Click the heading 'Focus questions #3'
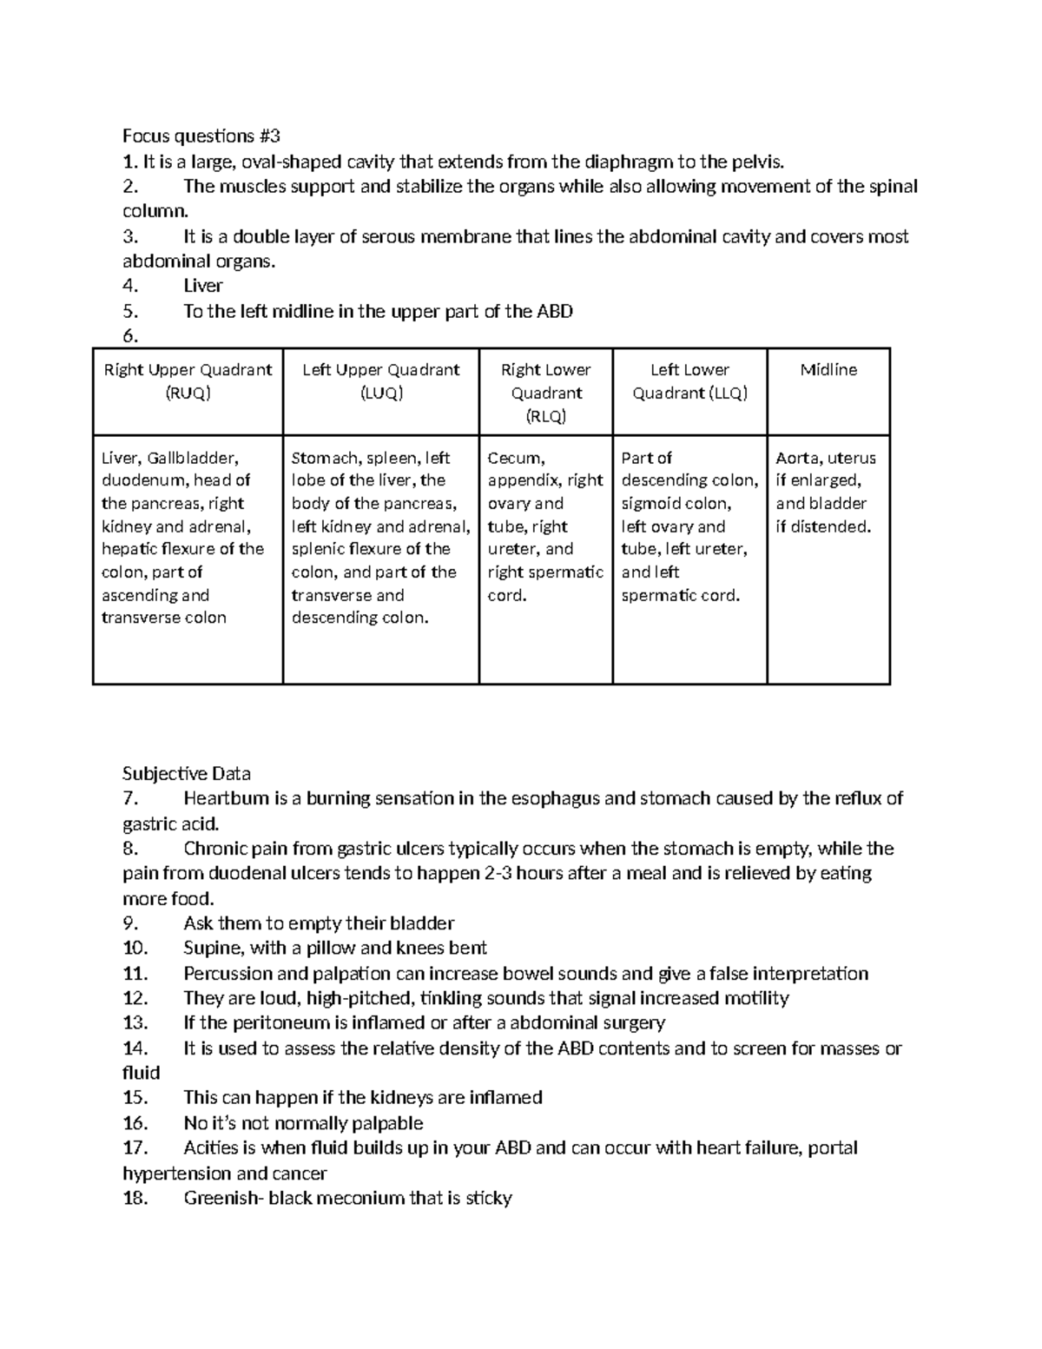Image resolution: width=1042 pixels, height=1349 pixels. [x=201, y=136]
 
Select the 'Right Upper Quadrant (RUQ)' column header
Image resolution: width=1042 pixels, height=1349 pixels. [x=188, y=381]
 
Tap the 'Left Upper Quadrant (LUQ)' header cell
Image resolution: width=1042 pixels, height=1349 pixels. [x=380, y=381]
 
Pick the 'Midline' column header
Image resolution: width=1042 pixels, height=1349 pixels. [x=828, y=370]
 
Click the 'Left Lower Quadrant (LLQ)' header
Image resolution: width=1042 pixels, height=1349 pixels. [x=689, y=381]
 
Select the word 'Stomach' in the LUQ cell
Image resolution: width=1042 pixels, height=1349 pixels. [x=322, y=458]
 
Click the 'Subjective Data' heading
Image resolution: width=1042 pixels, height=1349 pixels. [x=187, y=773]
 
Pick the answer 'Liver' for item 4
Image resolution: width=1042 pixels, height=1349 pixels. [x=203, y=286]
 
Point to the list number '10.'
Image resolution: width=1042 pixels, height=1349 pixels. [x=135, y=948]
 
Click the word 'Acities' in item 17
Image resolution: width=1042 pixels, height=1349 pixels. [x=212, y=1148]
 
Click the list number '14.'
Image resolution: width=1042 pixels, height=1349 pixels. [x=135, y=1048]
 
